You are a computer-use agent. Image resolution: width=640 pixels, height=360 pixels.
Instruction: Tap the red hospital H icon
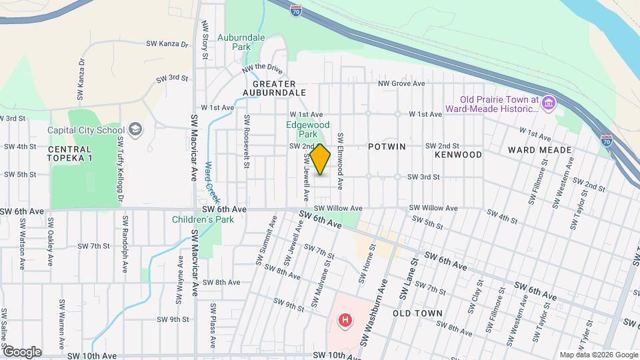point(345,321)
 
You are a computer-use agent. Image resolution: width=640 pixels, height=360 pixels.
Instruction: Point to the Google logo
point(21,352)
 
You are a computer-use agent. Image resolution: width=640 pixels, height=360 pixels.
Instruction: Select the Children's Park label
point(199,219)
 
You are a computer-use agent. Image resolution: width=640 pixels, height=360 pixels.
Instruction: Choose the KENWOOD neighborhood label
point(458,155)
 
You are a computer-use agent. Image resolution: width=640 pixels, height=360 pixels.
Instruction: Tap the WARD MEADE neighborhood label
point(541,150)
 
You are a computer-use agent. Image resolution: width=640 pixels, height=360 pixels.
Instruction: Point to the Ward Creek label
point(212,183)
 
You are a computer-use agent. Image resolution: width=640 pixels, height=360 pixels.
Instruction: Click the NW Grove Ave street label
point(401,84)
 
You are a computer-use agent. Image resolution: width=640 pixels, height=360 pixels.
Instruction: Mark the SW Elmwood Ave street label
point(340,160)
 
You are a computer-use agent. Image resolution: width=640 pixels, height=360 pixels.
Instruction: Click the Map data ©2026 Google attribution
point(597,355)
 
